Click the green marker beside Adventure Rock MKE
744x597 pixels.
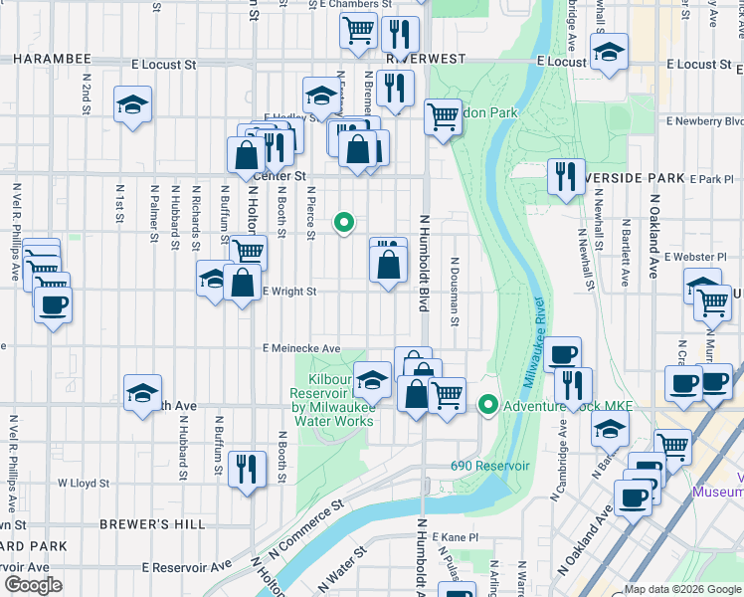point(487,405)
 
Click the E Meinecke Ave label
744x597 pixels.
point(301,349)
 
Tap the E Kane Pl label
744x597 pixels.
point(459,536)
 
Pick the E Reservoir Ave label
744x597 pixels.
point(186,565)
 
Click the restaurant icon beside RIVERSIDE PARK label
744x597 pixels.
point(566,176)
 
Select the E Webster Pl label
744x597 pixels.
point(708,257)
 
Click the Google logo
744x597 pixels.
point(33,585)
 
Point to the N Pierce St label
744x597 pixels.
point(311,213)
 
